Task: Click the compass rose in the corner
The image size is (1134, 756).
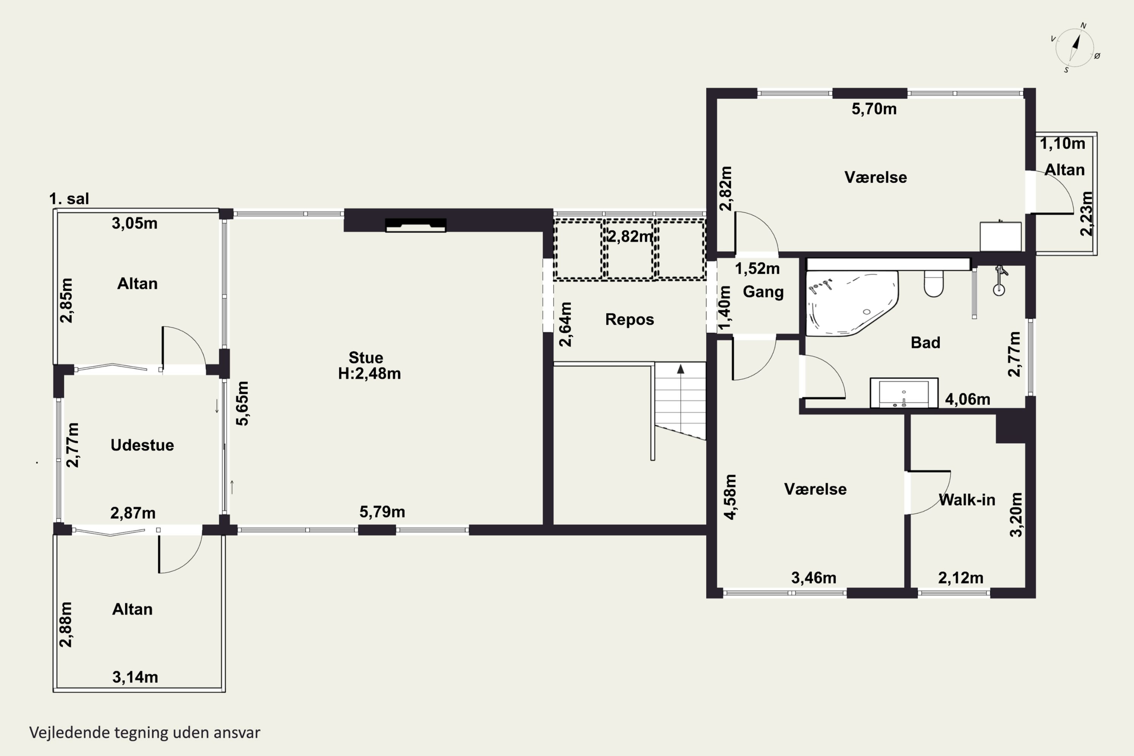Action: click(1075, 47)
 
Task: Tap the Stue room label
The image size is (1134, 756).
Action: click(366, 358)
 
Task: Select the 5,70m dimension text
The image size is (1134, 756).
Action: click(874, 109)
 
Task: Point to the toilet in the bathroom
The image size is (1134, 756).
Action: click(933, 283)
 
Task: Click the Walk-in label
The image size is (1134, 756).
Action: click(967, 500)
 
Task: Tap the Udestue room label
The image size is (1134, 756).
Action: click(142, 445)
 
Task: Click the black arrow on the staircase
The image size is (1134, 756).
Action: click(680, 369)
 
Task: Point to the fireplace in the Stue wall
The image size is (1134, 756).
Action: click(415, 225)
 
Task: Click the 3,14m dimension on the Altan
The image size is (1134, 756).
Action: click(135, 677)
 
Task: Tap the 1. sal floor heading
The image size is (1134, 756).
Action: click(69, 199)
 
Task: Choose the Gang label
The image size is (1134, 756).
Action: click(763, 292)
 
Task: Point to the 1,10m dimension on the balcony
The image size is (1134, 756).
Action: click(1063, 144)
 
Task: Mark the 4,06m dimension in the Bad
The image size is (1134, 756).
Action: click(968, 399)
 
